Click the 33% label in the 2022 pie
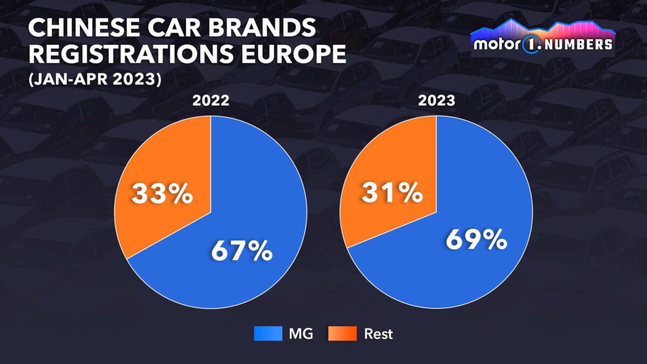[x=162, y=194]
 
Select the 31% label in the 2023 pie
[x=391, y=193]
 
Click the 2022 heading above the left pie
[x=210, y=101]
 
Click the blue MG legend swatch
[x=268, y=334]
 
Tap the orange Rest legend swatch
[x=342, y=334]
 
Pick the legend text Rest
[x=378, y=334]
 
